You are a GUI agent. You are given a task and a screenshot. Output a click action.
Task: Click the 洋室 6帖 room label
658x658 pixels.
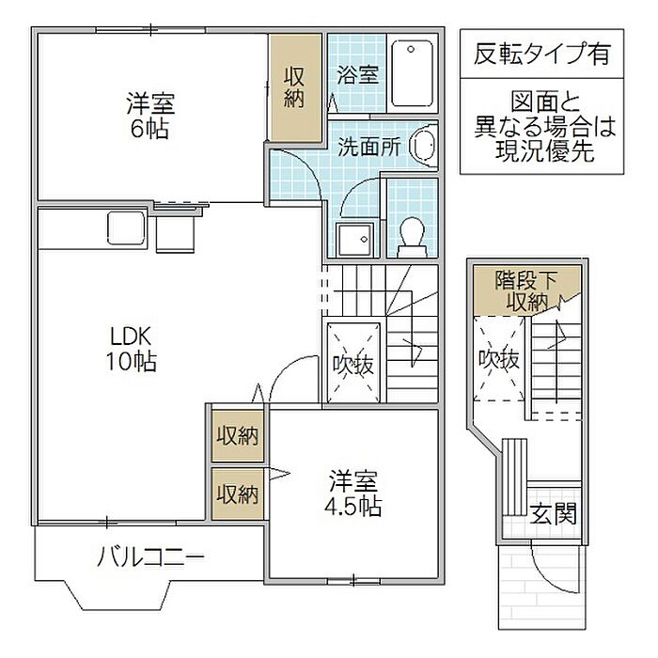150,116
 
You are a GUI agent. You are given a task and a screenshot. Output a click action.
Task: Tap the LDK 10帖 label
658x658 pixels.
131,349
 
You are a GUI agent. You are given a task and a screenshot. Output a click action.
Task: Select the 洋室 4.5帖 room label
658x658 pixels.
353,493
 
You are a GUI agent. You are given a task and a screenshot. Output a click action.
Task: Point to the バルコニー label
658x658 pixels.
150,557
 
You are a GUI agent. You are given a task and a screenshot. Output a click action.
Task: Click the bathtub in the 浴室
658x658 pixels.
412,73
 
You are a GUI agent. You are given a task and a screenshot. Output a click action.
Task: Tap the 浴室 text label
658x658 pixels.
357,75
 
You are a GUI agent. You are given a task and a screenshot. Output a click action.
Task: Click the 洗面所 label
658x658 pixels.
368,147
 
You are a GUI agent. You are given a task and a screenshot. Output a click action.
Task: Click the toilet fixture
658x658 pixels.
412,237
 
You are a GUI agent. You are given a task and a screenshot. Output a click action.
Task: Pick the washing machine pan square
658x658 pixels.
354,240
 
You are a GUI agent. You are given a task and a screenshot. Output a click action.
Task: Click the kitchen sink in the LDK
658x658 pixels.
126,227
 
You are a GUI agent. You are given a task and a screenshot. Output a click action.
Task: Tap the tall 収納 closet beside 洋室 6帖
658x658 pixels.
295,87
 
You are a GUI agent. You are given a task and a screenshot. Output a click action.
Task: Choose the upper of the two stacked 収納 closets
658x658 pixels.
237,435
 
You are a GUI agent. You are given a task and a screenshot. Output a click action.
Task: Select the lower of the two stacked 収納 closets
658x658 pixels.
237,493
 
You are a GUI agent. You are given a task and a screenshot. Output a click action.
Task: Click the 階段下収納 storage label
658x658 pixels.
526,290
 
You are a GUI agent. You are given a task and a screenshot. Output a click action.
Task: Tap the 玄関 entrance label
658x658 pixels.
553,513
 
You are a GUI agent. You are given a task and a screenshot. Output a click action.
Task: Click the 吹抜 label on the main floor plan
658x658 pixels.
352,365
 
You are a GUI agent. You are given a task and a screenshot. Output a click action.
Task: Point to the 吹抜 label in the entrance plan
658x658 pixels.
499,359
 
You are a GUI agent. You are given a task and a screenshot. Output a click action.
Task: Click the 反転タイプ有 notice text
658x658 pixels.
541,54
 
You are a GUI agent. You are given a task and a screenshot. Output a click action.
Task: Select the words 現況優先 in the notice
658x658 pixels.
544,151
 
